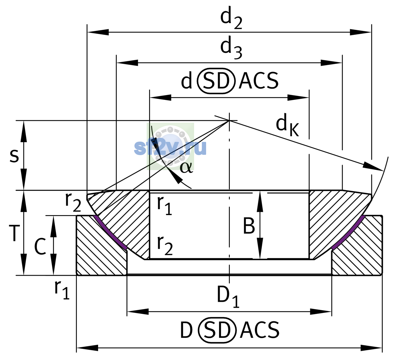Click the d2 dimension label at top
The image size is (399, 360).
pos(231,18)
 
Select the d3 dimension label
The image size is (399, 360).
pos(231,48)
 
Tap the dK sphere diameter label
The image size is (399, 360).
pos(287,125)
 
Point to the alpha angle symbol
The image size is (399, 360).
pos(186,167)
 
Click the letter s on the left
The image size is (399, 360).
pos(14,156)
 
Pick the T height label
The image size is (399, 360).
pos(14,233)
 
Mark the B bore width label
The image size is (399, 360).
pos(249,226)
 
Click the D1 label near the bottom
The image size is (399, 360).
pos(228,297)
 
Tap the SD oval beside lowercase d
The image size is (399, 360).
pos(216,81)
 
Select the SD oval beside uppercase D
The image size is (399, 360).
pos(217,330)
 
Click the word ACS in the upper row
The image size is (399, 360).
pos(258,81)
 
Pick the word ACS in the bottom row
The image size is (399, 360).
pos(259,330)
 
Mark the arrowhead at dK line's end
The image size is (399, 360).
pos(373,167)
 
